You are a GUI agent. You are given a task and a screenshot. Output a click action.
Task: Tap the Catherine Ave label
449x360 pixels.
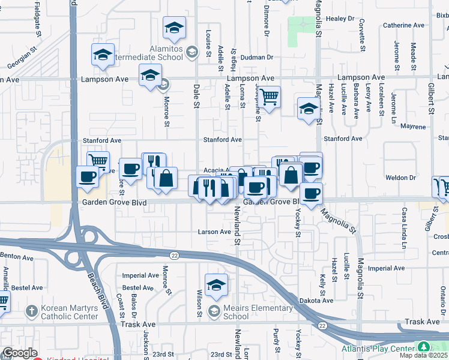tap(404, 25)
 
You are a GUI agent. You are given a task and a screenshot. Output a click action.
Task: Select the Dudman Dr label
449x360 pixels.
tap(259, 58)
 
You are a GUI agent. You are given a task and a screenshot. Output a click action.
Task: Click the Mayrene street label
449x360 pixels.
tap(413, 127)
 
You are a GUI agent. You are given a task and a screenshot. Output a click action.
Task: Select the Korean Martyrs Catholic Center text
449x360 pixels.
tap(69, 312)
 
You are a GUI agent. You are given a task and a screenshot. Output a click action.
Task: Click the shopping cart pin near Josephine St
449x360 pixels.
tap(270, 95)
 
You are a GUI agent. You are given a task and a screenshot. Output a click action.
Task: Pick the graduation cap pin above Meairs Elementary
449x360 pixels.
tap(216, 284)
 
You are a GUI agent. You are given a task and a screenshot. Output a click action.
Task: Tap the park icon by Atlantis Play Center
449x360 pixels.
tap(424, 347)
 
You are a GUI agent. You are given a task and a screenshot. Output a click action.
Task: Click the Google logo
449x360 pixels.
tap(20, 353)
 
